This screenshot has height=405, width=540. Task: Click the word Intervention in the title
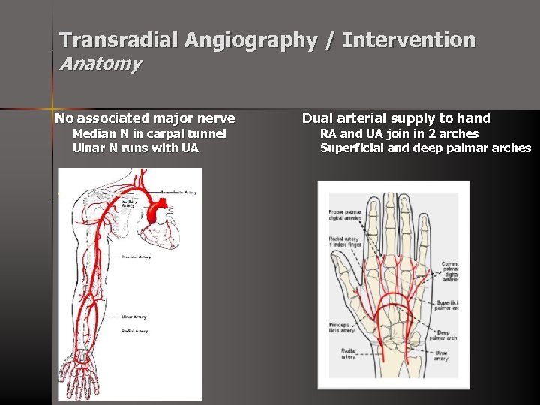tap(409, 40)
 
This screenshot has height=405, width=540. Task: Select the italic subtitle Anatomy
tap(100, 64)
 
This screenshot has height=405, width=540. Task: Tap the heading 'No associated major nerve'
tap(145, 118)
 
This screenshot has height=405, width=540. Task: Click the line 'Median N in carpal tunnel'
tap(148, 134)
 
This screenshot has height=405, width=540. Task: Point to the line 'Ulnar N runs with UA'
tap(135, 148)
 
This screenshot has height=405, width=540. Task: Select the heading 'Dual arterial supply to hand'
tap(396, 118)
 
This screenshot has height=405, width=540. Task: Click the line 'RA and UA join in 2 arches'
tap(399, 134)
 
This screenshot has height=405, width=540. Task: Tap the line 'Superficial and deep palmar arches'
tap(425, 148)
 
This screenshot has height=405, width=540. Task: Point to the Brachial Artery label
tap(136, 256)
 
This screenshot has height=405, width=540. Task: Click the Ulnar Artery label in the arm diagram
tap(135, 316)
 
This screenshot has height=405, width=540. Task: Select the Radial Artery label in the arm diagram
tap(134, 331)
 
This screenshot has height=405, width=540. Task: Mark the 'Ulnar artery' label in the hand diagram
tap(441, 355)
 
